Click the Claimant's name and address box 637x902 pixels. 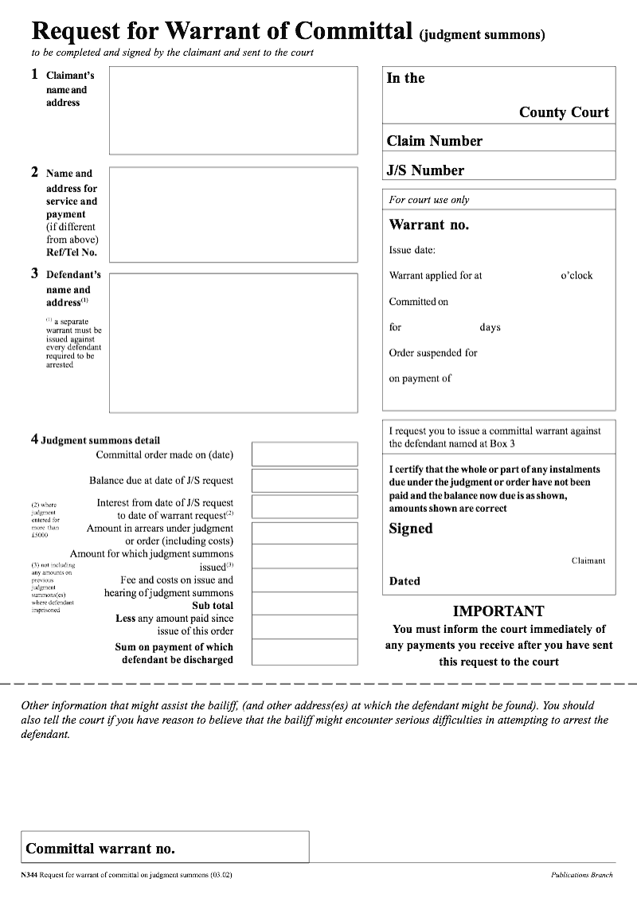click(x=233, y=110)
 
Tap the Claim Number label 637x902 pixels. click(x=435, y=141)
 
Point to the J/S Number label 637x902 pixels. click(x=425, y=170)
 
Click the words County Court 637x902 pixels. click(x=564, y=112)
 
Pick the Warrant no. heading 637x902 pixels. click(x=428, y=225)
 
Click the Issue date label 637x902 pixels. click(x=412, y=250)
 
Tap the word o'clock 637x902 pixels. click(x=576, y=275)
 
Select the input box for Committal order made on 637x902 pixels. click(x=304, y=454)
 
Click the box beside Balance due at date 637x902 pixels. click(x=304, y=480)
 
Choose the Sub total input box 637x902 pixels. click(x=304, y=604)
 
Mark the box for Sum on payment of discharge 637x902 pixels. click(x=304, y=652)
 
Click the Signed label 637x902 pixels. click(x=411, y=529)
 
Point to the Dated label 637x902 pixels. click(x=404, y=581)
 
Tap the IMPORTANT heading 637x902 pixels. click(x=498, y=611)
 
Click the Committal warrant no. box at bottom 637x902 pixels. click(x=165, y=847)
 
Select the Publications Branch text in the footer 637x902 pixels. click(x=581, y=875)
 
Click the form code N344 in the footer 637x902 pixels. click(x=29, y=875)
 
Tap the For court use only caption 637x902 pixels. click(x=429, y=200)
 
